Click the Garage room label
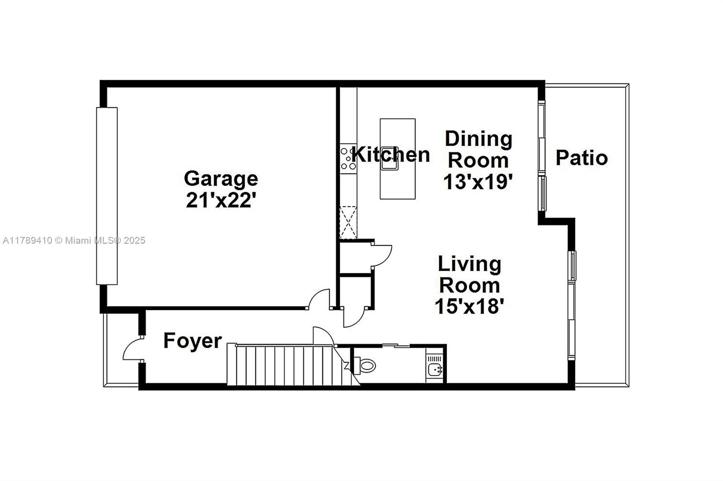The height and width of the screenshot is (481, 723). tap(221, 179)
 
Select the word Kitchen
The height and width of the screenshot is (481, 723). tap(390, 154)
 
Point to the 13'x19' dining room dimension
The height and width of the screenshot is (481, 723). tap(478, 181)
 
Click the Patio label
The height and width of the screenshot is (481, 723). tap(582, 157)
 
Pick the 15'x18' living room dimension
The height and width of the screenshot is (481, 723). tap(469, 306)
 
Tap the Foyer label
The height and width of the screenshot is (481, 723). tap(192, 341)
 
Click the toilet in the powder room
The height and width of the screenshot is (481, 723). tap(365, 365)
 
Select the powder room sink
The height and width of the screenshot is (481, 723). tap(435, 370)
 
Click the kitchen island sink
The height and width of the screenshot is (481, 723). tap(390, 158)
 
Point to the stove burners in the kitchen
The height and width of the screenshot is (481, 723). tap(348, 159)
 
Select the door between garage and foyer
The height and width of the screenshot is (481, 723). tap(319, 299)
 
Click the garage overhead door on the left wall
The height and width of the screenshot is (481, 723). tap(107, 196)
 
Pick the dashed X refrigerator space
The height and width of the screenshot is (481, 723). tap(348, 223)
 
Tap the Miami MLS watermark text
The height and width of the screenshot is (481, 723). tap(74, 240)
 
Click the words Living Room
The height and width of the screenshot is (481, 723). tap(469, 275)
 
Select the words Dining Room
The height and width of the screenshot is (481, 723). tap(479, 150)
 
